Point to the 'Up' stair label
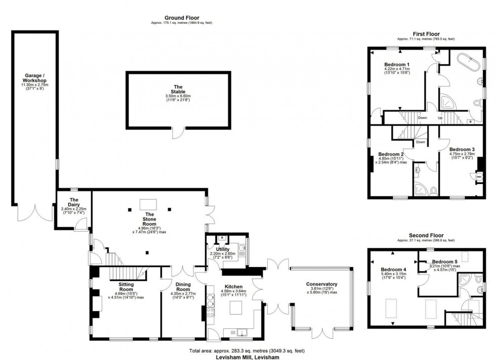(x=439, y=117)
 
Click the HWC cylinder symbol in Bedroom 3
(x=478, y=177)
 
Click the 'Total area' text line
(x=247, y=350)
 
